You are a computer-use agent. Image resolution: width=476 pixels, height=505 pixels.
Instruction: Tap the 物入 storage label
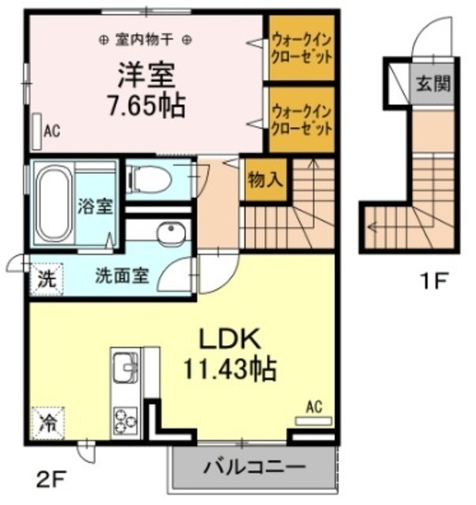tap(265, 179)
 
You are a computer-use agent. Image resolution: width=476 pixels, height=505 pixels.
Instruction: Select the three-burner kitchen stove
tap(125, 417)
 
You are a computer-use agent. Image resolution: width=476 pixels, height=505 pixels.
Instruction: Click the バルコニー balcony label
tap(255, 467)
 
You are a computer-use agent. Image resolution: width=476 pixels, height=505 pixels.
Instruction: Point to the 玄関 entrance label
tap(433, 83)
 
